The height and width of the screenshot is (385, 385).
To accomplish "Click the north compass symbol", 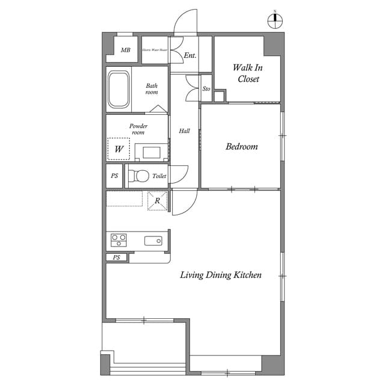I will pyautogui.click(x=275, y=20).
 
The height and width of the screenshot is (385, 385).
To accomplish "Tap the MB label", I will pyautogui.click(x=125, y=50).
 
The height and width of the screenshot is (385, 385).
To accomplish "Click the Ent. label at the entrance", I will pyautogui.click(x=190, y=55).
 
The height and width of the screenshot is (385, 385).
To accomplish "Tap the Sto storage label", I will pyautogui.click(x=206, y=89).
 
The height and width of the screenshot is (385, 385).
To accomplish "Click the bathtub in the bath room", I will pyautogui.click(x=119, y=90).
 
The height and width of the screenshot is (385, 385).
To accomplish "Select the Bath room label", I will pyautogui.click(x=152, y=89).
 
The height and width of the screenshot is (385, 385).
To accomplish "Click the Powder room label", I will pyautogui.click(x=138, y=129).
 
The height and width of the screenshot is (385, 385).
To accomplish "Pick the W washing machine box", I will pyautogui.click(x=119, y=149).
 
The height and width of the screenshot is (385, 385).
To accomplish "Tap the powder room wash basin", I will pyautogui.click(x=151, y=152).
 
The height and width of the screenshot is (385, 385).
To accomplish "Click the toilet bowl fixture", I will pyautogui.click(x=140, y=176).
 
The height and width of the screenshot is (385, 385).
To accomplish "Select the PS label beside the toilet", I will pyautogui.click(x=114, y=176).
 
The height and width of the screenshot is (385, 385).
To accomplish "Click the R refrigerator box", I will pyautogui.click(x=157, y=201).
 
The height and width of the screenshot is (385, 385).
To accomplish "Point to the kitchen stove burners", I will pyautogui.click(x=119, y=241).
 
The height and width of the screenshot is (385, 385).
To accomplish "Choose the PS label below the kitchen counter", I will pyautogui.click(x=117, y=257).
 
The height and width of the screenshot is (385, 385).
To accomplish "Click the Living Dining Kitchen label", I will pyautogui.click(x=221, y=275).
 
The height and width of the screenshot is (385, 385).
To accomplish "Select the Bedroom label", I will pyautogui.click(x=241, y=146).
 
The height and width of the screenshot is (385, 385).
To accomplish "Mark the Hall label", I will pyautogui.click(x=185, y=131).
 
